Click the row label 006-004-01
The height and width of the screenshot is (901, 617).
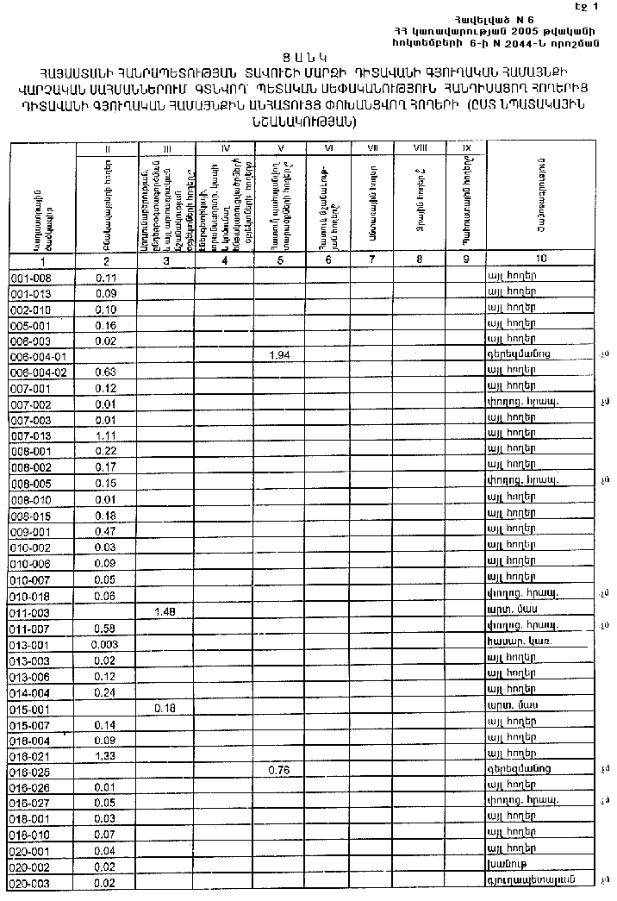(x=42, y=355)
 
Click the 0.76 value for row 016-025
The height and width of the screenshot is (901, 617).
(x=280, y=769)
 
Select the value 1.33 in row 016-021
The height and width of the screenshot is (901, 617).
(x=106, y=755)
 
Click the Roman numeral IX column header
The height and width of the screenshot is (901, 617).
(x=466, y=148)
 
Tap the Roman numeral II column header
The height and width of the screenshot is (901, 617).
(x=107, y=148)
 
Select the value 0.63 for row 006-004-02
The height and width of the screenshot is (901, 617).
(x=106, y=372)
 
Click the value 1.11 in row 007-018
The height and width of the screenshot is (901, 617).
(x=106, y=435)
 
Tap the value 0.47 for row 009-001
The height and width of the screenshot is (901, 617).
(x=106, y=531)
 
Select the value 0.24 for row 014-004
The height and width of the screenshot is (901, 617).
(x=106, y=691)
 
